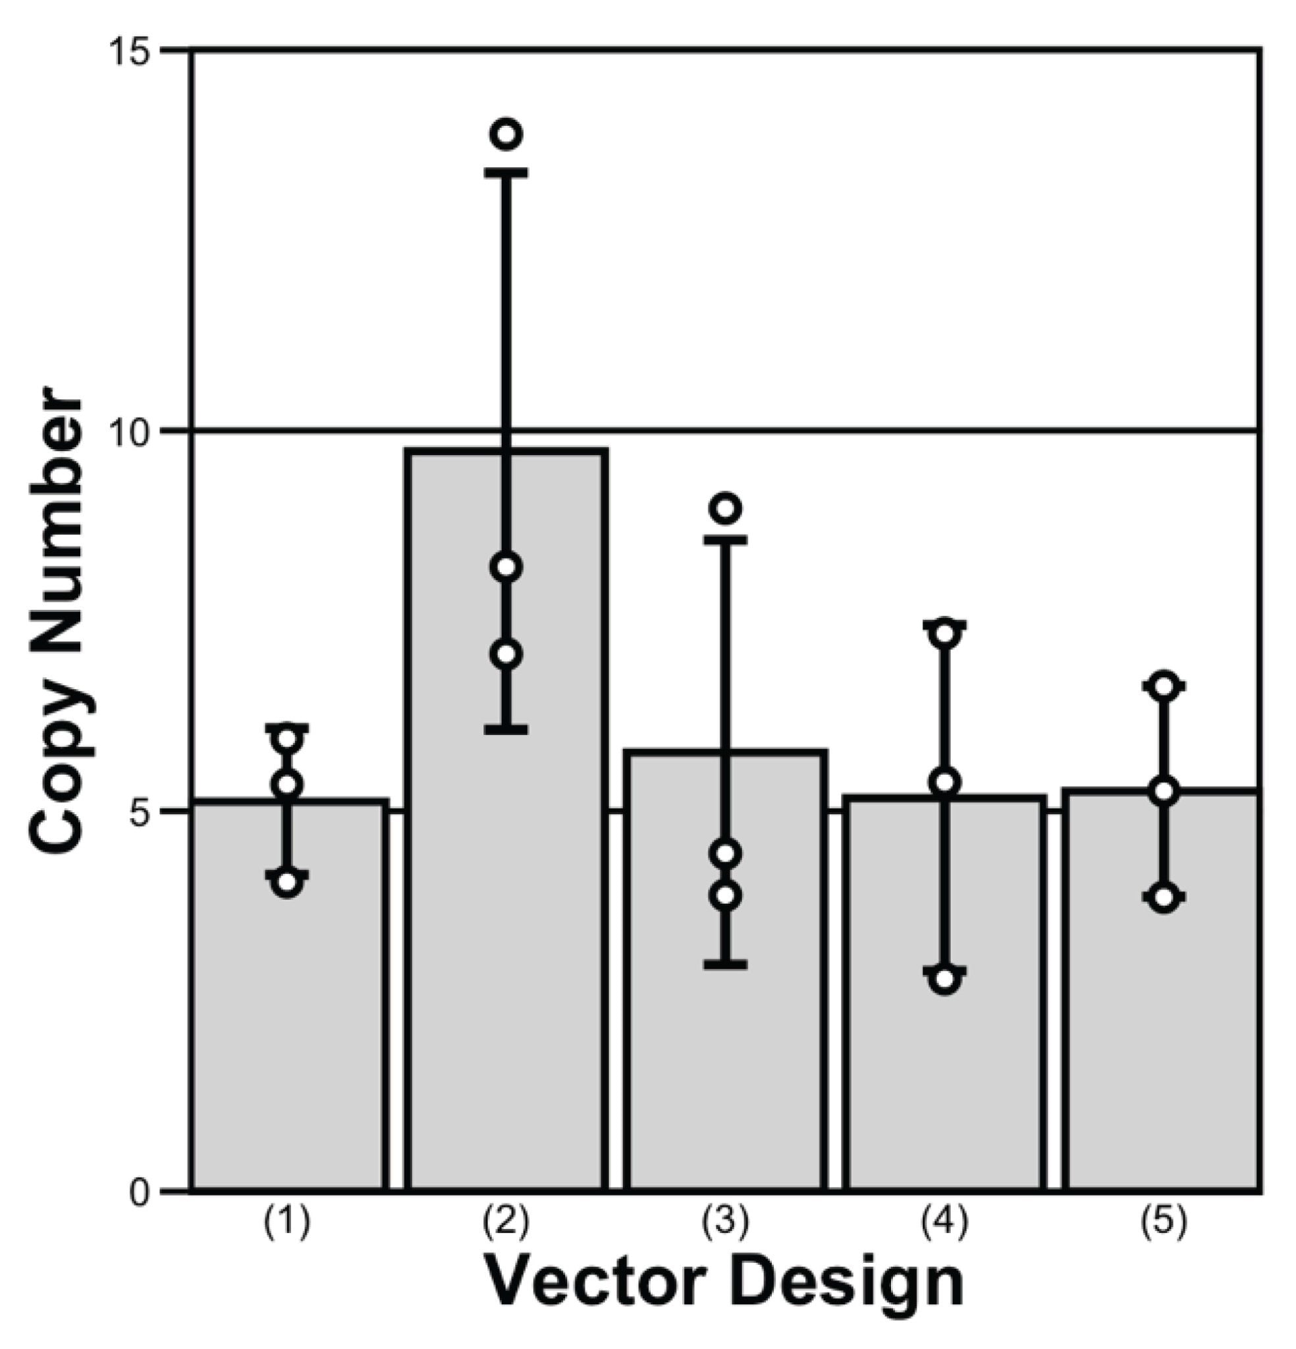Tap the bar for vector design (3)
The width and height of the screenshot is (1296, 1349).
pos(726,1032)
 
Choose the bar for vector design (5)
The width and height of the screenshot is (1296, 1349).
pos(1163,1032)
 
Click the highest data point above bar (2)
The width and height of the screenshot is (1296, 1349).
pos(507,134)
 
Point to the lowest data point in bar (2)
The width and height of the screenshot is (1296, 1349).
pos(507,653)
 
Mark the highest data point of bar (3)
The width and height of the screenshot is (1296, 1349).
pos(727,508)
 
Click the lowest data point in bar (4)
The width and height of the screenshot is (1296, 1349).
pos(946,979)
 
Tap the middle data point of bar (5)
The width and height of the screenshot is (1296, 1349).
pos(1164,791)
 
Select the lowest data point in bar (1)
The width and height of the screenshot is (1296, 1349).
pos(288,883)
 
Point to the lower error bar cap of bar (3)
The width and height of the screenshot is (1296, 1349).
pos(726,964)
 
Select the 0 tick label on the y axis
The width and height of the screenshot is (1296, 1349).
pos(139,1192)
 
